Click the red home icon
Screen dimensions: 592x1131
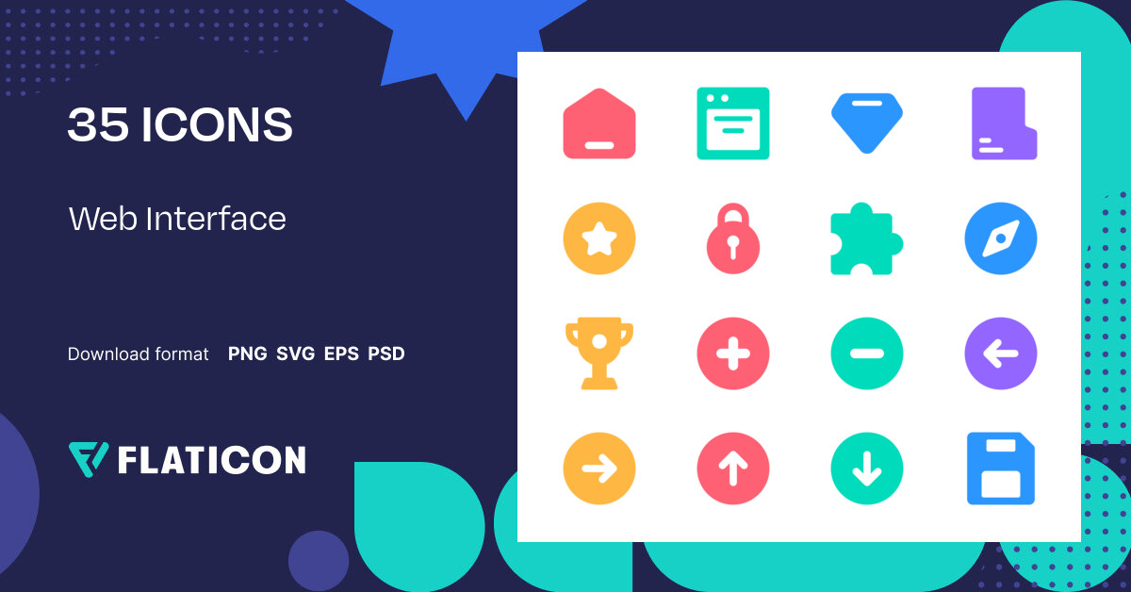click(599, 123)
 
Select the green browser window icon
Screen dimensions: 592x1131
click(733, 123)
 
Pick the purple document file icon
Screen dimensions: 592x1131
click(1004, 123)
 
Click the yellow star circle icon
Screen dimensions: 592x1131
click(599, 238)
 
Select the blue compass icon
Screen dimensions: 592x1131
click(1001, 238)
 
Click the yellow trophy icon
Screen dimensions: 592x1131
click(599, 353)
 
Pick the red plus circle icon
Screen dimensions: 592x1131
click(733, 354)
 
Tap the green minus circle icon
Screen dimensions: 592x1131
click(867, 354)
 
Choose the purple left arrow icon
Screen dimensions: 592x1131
click(1001, 354)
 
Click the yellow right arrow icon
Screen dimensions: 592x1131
click(599, 469)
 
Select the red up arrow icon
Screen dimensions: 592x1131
click(733, 469)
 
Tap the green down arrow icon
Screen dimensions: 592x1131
click(867, 469)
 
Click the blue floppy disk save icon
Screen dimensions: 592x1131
click(1001, 469)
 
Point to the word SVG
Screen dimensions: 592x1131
click(295, 354)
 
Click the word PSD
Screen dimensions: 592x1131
click(386, 354)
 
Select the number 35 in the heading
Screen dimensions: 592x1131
click(98, 125)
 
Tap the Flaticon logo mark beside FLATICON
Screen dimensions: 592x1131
click(89, 458)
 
